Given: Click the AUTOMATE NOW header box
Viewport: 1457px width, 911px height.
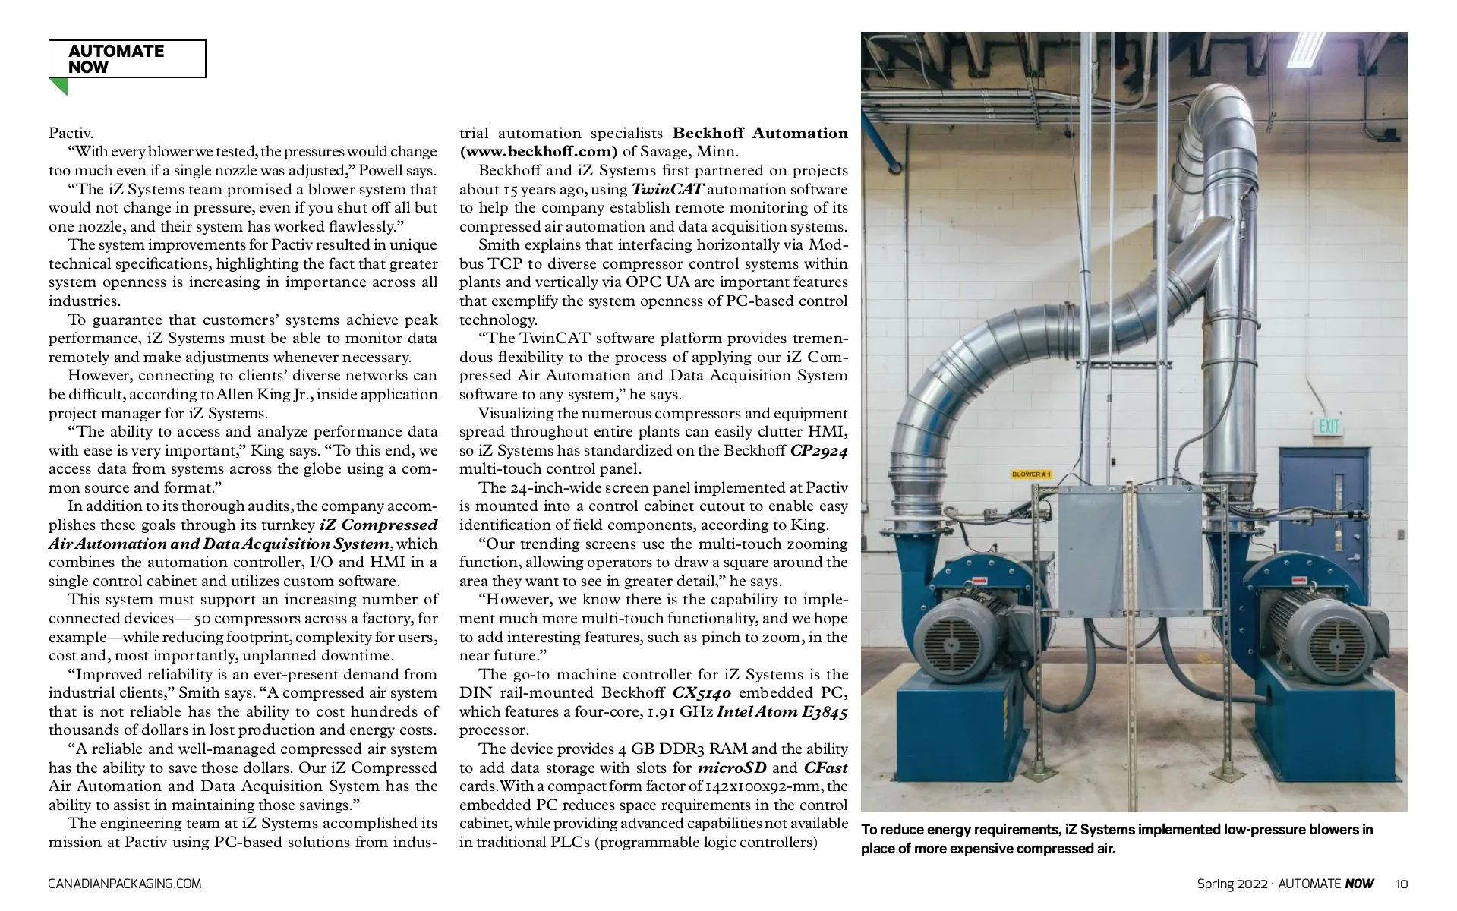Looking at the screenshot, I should coord(127,59).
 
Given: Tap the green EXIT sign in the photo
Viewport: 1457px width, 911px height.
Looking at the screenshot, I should coord(1329,426).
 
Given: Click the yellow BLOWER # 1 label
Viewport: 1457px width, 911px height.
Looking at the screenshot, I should coord(1031,474).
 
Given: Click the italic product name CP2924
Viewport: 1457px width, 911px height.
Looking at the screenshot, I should coord(818,450).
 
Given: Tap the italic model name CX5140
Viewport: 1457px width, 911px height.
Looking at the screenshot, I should coord(702,693).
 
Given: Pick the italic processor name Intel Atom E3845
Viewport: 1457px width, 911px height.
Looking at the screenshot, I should coord(782,712).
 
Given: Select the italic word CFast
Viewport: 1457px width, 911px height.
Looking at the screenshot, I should coord(825,768).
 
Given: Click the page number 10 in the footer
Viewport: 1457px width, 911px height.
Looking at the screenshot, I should coord(1401,884).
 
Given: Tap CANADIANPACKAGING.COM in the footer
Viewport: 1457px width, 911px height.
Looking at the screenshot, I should coord(125,884).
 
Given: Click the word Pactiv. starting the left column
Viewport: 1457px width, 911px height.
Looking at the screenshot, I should coord(71,134).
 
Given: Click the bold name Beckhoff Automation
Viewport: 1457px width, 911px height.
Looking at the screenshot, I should coord(760,134).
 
